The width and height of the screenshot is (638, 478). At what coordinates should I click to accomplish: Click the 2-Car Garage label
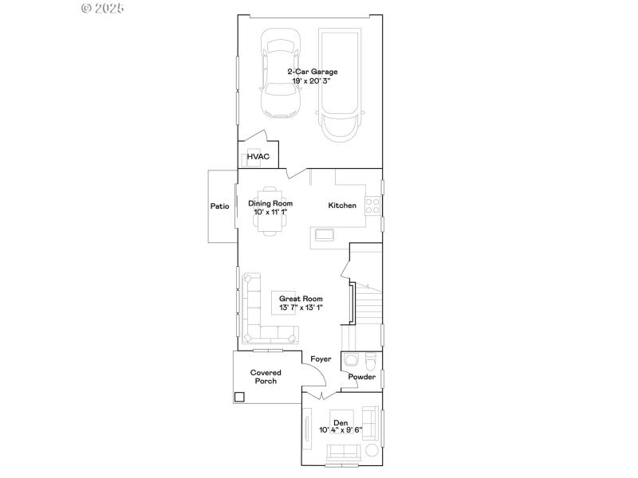[x=313, y=72]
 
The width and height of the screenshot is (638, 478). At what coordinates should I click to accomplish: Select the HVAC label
[x=258, y=157]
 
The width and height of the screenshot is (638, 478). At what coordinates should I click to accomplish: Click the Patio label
[x=220, y=206]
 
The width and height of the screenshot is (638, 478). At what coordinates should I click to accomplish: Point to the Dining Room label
[x=270, y=203]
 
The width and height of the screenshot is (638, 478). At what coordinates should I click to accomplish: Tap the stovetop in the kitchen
[x=372, y=206]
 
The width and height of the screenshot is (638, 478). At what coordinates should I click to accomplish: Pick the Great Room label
[x=301, y=299]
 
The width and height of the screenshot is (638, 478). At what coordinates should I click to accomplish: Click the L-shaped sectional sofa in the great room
[x=254, y=315]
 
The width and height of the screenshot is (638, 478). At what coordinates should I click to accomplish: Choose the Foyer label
[x=321, y=359]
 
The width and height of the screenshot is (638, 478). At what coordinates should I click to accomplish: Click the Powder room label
[x=361, y=377]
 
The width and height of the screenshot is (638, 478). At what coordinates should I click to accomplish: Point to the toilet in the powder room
[x=371, y=358]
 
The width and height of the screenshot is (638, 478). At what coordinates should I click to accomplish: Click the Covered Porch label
[x=266, y=377]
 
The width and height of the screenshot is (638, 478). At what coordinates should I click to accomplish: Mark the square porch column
[x=239, y=396]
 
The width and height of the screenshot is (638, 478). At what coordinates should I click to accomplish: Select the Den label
[x=341, y=422]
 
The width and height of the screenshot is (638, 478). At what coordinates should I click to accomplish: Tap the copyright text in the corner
[x=104, y=8]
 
